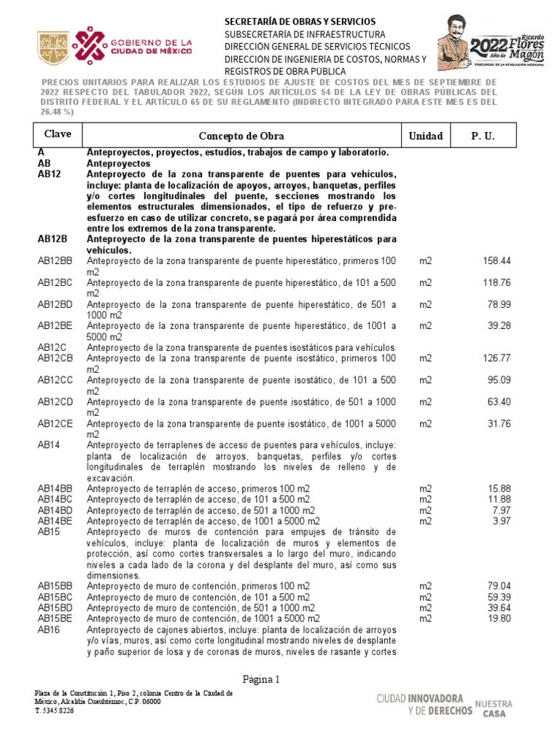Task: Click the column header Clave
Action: click(58, 135)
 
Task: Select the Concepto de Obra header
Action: click(241, 136)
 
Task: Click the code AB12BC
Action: click(55, 282)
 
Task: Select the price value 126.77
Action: click(496, 358)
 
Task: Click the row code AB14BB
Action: click(55, 488)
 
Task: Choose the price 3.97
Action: click(502, 521)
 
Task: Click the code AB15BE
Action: click(55, 619)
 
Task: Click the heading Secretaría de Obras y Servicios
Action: click(300, 22)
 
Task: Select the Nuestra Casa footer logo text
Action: click(494, 709)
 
